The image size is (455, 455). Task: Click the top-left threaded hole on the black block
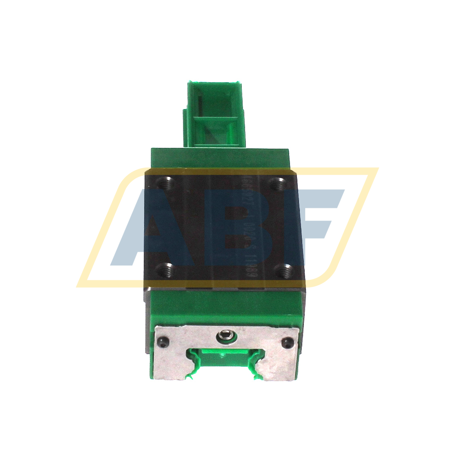click(167, 182)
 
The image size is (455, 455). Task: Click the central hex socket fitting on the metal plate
click(226, 337)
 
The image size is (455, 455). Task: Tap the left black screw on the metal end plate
click(162, 342)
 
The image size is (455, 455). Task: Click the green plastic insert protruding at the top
click(214, 114)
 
